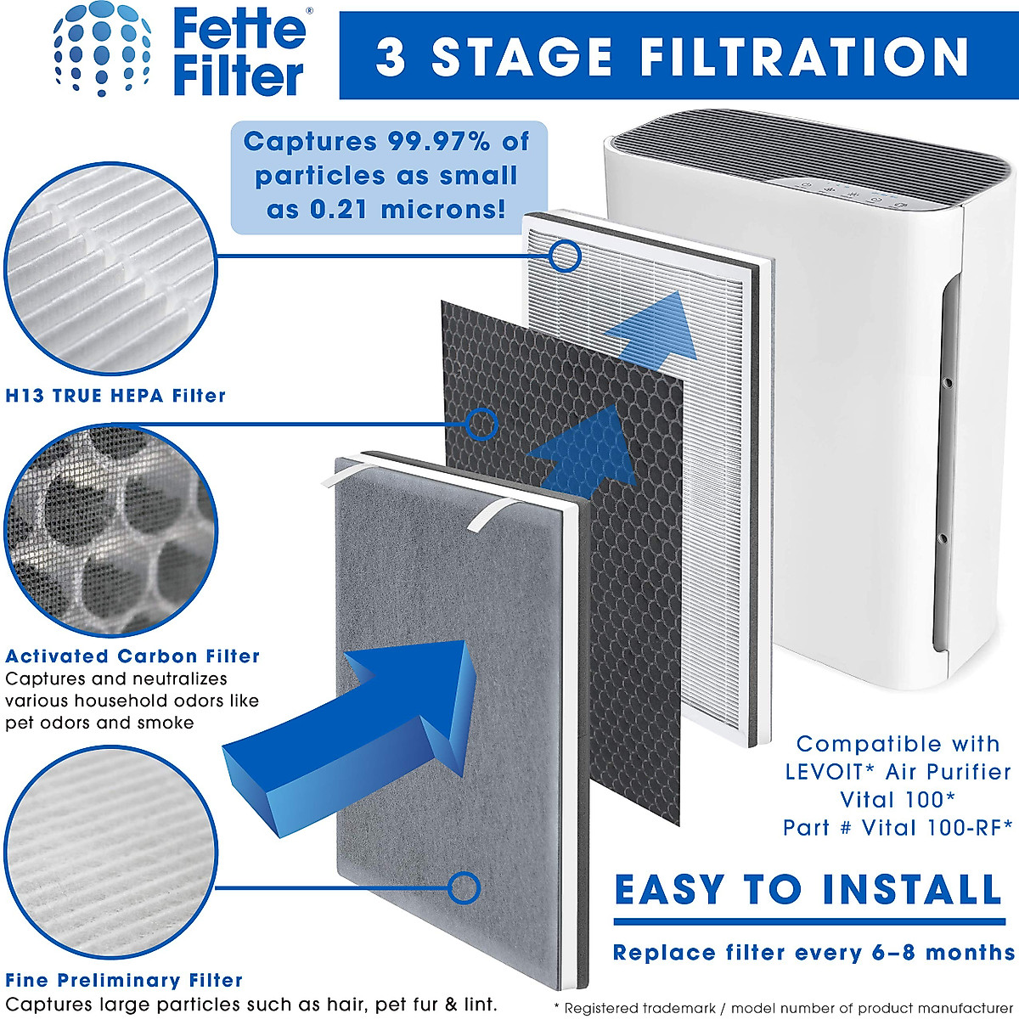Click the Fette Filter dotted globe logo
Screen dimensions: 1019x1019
pyautogui.click(x=103, y=49)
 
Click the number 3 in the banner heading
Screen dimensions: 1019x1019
pyautogui.click(x=391, y=57)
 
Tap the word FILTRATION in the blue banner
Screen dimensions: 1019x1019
pyautogui.click(x=804, y=57)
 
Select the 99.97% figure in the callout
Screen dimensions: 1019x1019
pyautogui.click(x=439, y=142)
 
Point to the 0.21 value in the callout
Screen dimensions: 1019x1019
pyautogui.click(x=339, y=210)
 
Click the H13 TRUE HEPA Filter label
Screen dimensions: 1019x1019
pyautogui.click(x=115, y=396)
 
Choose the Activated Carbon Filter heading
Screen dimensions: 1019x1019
pyautogui.click(x=132, y=656)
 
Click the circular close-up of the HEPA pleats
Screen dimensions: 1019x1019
pyautogui.click(x=110, y=268)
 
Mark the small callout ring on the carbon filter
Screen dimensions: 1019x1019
pyautogui.click(x=481, y=424)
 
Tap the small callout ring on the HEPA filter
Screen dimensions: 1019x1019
pyautogui.click(x=564, y=256)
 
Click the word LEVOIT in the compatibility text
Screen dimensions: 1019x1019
pyautogui.click(x=824, y=773)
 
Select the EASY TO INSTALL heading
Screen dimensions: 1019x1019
pyautogui.click(x=808, y=889)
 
